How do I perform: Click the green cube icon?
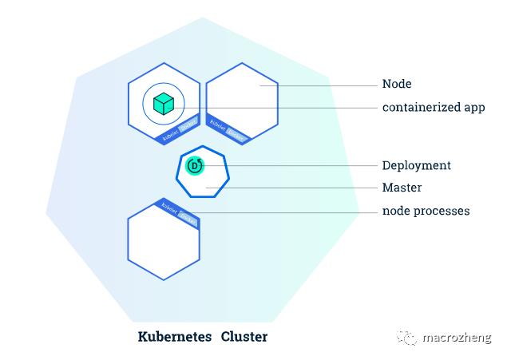[x=164, y=104]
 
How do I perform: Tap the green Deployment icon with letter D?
[x=196, y=166]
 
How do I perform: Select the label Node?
[x=397, y=84]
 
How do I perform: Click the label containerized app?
[x=434, y=107]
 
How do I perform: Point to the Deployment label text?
[x=416, y=165]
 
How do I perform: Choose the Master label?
[x=402, y=188]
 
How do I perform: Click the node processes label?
[x=426, y=211]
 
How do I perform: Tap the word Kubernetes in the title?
[x=175, y=336]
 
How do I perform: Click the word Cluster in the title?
[x=244, y=336]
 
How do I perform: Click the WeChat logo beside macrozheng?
[x=407, y=338]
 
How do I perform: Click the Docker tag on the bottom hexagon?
[x=188, y=216]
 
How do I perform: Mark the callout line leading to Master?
[x=303, y=188]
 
